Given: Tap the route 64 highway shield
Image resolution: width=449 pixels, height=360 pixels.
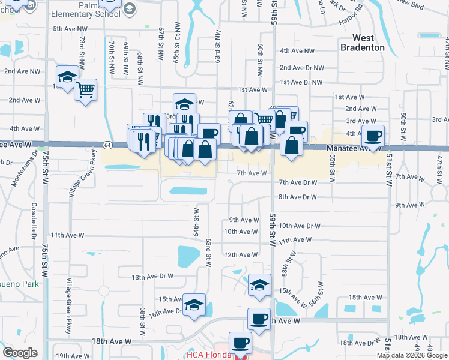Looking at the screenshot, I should pyautogui.click(x=106, y=145).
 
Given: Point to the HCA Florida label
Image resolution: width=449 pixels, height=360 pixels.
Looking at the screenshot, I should pyautogui.click(x=208, y=355).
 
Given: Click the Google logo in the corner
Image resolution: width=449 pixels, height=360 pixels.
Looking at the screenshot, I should pyautogui.click(x=20, y=353).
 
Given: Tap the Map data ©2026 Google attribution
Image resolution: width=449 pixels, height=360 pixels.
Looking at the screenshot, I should pyautogui.click(x=412, y=355).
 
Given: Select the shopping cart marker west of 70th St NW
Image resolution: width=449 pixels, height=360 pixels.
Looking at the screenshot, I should pyautogui.click(x=86, y=89).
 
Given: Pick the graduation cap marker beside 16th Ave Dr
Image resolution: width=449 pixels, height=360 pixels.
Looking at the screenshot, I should pyautogui.click(x=194, y=304).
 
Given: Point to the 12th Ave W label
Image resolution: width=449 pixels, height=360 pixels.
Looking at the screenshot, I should pyautogui.click(x=241, y=255).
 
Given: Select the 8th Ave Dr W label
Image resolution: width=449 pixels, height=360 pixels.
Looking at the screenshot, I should pyautogui.click(x=298, y=197).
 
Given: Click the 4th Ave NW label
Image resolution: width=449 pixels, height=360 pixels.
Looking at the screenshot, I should pyautogui.click(x=294, y=51).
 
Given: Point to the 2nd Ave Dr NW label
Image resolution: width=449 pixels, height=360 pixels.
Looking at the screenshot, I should pyautogui.click(x=302, y=68).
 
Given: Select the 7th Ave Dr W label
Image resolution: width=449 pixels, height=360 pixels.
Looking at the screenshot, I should pyautogui.click(x=298, y=182).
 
